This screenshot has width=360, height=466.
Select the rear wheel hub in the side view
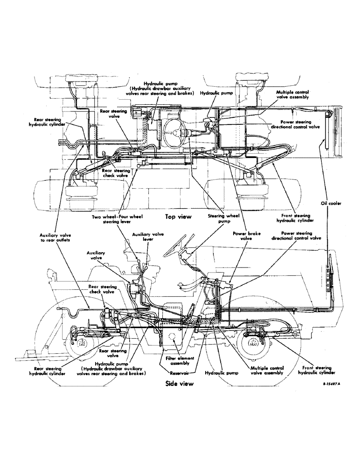point(81,344)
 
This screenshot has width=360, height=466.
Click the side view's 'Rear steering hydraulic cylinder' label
point(47,370)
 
